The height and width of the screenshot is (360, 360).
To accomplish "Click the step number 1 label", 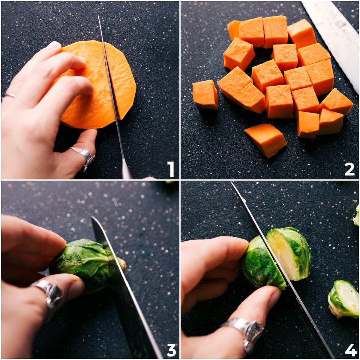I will [170, 169].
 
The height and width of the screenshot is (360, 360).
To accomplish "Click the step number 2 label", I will [349, 169].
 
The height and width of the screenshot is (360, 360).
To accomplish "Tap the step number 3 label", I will [171, 350].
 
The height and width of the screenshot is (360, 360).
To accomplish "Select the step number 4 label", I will [350, 350].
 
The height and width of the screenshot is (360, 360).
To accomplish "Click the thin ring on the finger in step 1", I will [9, 95].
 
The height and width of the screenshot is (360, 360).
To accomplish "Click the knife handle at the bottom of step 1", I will [126, 171].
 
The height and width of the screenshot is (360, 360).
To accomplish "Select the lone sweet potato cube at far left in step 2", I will [205, 94].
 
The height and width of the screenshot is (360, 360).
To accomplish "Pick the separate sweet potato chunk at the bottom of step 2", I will [266, 140].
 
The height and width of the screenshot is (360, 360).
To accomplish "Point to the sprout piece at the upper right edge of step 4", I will [356, 216].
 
